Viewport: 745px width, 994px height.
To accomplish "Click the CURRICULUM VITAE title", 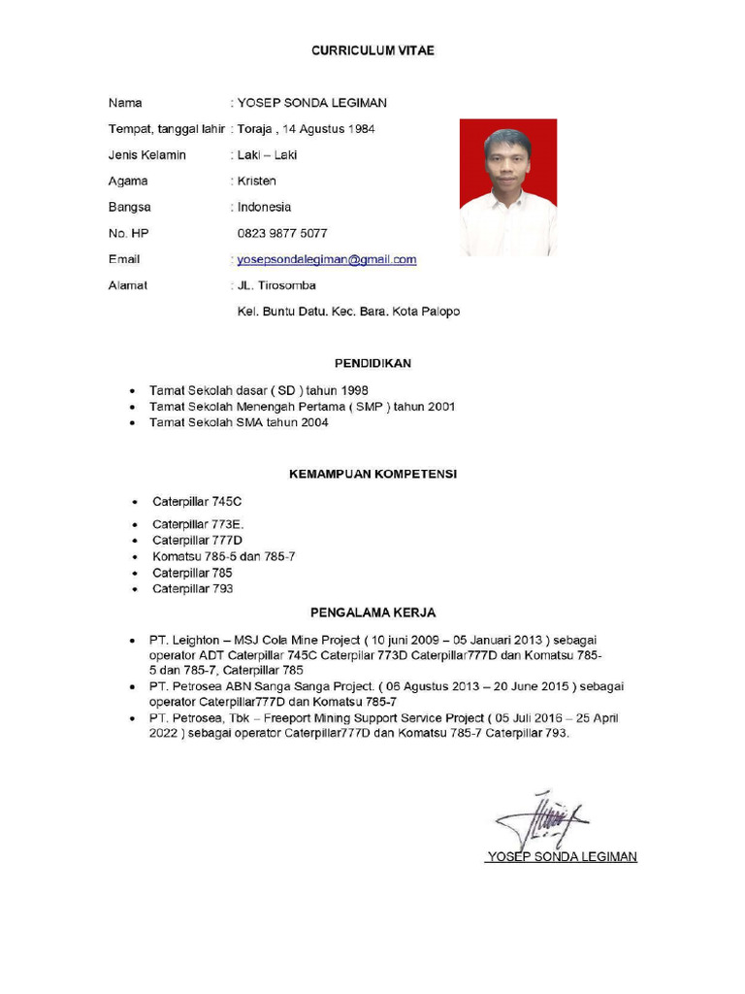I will coord(372,50).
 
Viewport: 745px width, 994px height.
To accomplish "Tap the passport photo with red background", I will coord(507,187).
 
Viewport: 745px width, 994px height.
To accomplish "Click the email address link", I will coord(327,259).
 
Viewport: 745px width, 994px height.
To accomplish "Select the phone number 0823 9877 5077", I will coord(282,233).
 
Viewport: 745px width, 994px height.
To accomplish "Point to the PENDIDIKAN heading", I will coord(372,363).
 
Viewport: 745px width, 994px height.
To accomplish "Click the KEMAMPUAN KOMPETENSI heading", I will coord(373,474).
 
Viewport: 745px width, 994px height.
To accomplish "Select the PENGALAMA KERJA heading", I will coord(372,613).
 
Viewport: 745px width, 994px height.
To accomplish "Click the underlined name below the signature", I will coord(562,856).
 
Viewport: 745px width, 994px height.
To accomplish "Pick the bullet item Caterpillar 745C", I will coord(197,502).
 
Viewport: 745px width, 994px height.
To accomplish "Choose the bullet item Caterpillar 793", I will coord(192,588).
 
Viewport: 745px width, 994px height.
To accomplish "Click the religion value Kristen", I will coord(256,181).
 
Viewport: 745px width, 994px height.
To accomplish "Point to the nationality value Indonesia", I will coord(264,207).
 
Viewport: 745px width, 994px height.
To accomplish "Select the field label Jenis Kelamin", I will coord(147,154).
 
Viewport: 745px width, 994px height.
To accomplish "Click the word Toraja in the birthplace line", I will coord(256,128).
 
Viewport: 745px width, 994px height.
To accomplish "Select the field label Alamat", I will coord(128,285).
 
